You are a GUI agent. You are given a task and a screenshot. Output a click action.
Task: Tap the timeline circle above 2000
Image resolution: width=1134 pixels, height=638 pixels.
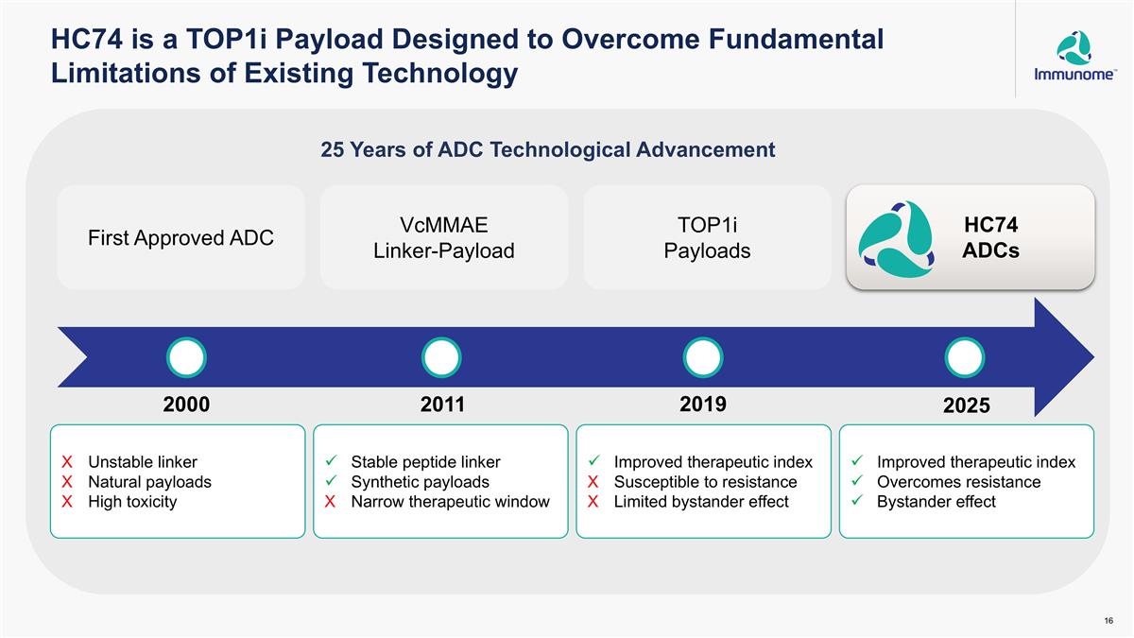point(186,357)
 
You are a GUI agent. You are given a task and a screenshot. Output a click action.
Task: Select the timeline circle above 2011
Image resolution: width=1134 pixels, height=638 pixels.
point(441,357)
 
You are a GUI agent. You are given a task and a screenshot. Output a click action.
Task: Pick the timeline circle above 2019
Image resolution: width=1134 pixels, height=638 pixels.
point(703,357)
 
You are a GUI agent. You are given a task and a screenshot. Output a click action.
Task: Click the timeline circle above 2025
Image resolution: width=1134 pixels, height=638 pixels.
point(965,357)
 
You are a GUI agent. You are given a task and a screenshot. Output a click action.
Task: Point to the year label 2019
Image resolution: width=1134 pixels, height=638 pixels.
point(703,405)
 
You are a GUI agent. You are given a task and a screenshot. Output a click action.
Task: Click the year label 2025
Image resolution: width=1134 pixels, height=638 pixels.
point(967,405)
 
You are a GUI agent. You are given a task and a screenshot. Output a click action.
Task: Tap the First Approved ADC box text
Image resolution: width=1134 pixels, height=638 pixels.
point(180,237)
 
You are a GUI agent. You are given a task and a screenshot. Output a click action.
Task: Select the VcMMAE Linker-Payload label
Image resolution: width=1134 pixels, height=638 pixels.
point(444,237)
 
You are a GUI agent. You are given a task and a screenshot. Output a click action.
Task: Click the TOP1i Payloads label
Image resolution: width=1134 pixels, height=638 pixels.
point(707,237)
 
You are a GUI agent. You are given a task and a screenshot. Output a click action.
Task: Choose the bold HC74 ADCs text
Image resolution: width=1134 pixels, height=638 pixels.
point(990,237)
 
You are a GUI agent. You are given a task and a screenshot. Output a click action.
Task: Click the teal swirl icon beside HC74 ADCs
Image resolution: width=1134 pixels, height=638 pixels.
point(896,238)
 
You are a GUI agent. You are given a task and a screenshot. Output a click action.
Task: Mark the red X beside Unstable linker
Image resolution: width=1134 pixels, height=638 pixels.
point(67,462)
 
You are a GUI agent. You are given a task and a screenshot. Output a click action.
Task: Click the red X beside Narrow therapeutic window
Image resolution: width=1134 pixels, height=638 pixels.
point(330,502)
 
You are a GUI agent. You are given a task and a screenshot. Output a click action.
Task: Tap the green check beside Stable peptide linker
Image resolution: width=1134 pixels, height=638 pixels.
point(331,461)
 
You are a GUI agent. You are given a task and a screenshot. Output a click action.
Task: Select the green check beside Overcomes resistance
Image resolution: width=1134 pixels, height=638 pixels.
point(857,480)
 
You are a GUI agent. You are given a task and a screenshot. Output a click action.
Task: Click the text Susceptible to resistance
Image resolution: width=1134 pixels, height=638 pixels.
point(705,482)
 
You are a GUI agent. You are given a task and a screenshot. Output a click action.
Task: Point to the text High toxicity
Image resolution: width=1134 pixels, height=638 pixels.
point(132,502)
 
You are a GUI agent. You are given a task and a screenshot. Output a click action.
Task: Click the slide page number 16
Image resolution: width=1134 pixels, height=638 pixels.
point(1108,621)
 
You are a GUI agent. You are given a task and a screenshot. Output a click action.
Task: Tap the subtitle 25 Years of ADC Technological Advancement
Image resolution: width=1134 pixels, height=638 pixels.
point(548,150)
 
